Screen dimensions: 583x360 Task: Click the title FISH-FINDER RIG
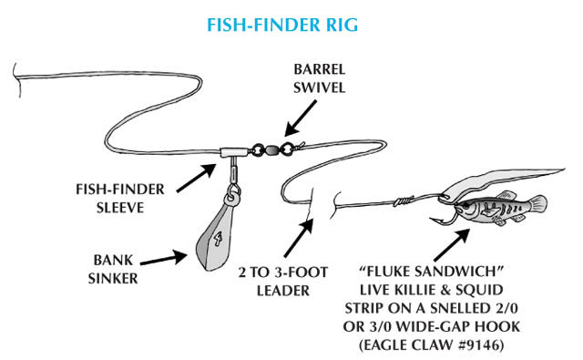pyautogui.click(x=282, y=25)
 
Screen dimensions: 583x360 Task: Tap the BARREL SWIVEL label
pyautogui.click(x=320, y=78)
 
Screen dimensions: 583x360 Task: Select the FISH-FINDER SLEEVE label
pyautogui.click(x=120, y=198)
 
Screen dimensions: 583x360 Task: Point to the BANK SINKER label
pyautogui.click(x=113, y=269)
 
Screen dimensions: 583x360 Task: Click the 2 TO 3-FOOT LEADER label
pyautogui.click(x=283, y=281)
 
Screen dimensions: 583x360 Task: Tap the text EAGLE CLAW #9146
pyautogui.click(x=431, y=345)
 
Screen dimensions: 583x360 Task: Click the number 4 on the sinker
pyautogui.click(x=218, y=239)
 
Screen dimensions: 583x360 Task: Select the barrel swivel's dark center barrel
pyautogui.click(x=271, y=149)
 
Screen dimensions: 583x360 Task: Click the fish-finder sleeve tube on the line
pyautogui.click(x=234, y=152)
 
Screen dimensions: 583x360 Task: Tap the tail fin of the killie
pyautogui.click(x=538, y=205)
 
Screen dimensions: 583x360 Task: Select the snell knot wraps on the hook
pyautogui.click(x=404, y=201)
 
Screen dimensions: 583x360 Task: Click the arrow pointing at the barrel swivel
pyautogui.click(x=301, y=118)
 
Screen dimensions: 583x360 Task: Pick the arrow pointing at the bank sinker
pyautogui.click(x=164, y=259)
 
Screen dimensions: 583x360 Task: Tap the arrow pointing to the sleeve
pyautogui.click(x=197, y=178)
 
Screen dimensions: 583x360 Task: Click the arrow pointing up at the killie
pyautogui.click(x=452, y=245)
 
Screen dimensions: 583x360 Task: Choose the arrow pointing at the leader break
pyautogui.click(x=299, y=238)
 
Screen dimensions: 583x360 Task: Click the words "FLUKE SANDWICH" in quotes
pyautogui.click(x=431, y=271)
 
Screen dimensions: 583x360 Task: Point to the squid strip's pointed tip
pyautogui.click(x=563, y=170)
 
